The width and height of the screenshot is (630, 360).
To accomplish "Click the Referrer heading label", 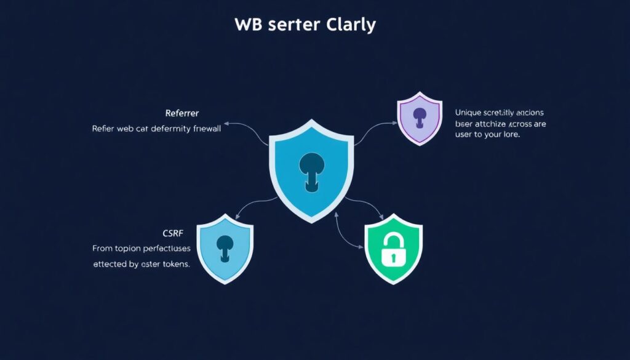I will pos(181,114).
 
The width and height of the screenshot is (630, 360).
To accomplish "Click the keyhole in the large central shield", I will pos(311,169).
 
